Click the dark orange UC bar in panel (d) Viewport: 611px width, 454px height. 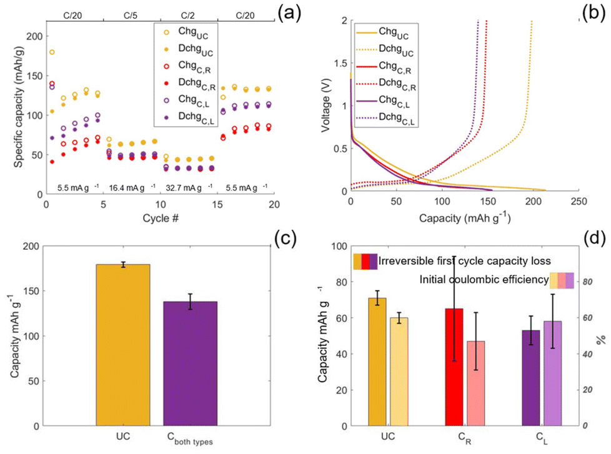[377, 362]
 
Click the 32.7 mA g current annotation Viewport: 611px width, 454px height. [188, 187]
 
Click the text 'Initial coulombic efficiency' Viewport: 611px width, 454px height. [484, 279]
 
